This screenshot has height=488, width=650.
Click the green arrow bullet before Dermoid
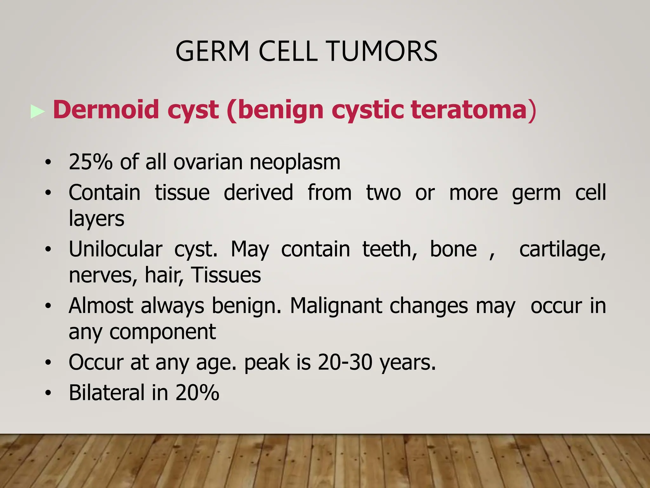click(37, 112)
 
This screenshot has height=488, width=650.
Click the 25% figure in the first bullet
click(90, 162)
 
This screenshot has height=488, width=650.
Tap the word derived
click(258, 193)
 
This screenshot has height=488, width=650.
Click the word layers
click(96, 219)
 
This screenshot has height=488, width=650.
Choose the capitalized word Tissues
click(226, 275)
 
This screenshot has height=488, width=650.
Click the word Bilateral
click(107, 393)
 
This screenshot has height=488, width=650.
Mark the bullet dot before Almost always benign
click(48, 306)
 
